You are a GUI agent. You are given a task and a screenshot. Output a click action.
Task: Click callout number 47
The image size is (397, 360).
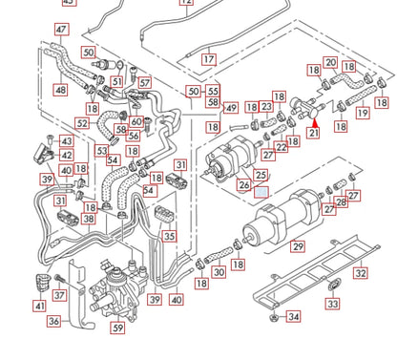click(61, 30)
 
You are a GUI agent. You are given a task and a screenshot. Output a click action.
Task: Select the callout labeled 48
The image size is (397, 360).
click(60, 91)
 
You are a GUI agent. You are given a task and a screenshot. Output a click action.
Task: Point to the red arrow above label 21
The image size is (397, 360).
click(314, 119)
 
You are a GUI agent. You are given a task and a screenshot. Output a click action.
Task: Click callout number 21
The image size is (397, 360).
click(314, 135)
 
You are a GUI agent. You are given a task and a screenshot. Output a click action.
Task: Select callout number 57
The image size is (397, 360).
click(144, 83)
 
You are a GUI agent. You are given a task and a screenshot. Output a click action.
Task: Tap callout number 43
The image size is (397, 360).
click(67, 140)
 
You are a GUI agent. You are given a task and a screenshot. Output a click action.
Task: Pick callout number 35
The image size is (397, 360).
click(169, 236)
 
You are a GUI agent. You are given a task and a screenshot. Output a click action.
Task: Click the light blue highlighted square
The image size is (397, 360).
click(261, 190)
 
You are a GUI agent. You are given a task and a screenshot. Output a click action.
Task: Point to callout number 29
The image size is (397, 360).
click(299, 247)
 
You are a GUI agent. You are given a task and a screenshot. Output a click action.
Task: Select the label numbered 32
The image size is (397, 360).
click(359, 273)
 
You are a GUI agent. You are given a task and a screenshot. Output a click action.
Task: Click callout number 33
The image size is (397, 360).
click(332, 304)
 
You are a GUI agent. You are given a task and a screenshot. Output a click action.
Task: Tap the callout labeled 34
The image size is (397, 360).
click(293, 316)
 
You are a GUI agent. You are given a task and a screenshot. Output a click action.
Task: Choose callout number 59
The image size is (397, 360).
click(117, 328)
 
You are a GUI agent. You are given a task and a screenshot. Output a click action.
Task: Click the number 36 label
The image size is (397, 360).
click(53, 322)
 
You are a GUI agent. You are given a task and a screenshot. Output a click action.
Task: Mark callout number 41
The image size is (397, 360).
click(39, 307)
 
